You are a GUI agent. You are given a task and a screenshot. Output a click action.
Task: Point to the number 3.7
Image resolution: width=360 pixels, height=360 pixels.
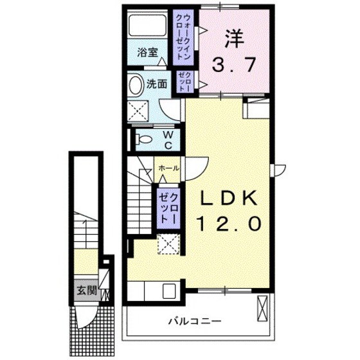click(x=235, y=64)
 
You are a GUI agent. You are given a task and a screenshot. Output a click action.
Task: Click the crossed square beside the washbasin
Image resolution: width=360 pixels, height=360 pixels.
click(x=138, y=111)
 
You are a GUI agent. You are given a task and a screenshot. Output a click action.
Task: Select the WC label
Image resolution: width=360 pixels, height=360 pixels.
click(x=166, y=139)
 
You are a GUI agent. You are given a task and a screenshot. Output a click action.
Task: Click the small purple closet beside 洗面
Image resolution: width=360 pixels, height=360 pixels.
click(x=186, y=82)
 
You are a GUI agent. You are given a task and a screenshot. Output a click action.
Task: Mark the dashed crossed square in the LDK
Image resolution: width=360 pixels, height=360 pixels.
click(x=169, y=245)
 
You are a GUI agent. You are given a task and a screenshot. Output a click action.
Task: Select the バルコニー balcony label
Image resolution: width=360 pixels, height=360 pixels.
click(x=195, y=319)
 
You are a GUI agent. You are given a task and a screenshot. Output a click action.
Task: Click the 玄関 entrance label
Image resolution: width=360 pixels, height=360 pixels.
click(x=88, y=290)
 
